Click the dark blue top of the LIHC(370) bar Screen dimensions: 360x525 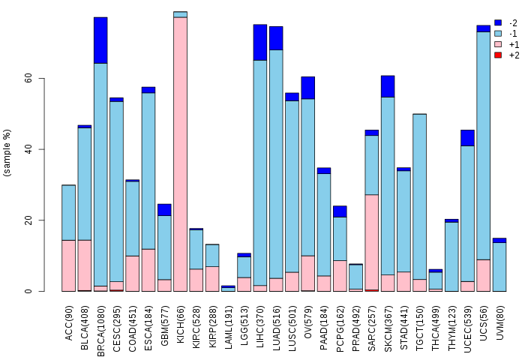coord(260,42)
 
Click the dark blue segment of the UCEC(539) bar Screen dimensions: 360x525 coord(467,138)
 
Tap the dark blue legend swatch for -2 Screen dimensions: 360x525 coord(497,23)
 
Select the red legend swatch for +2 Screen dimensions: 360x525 coord(497,55)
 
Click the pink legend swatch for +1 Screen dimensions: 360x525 coord(497,44)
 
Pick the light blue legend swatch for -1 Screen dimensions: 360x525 coord(497,34)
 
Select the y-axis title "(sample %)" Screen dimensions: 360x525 coord(7,153)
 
